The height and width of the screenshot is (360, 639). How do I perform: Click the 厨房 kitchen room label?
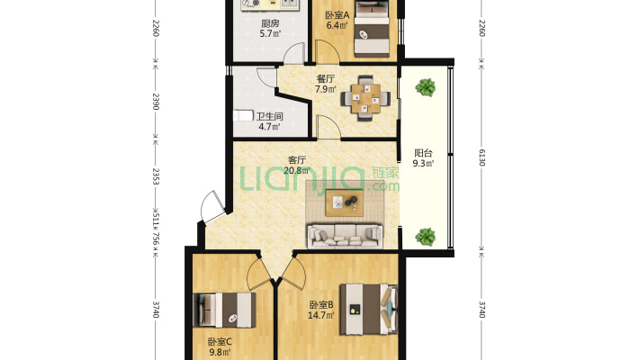(270, 23)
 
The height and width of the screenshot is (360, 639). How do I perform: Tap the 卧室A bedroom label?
(337, 15)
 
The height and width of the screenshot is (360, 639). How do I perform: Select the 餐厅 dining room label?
(326, 78)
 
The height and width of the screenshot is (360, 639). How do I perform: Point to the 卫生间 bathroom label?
(269, 117)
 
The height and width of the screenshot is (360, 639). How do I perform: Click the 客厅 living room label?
(297, 160)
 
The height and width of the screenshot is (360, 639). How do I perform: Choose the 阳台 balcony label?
(423, 153)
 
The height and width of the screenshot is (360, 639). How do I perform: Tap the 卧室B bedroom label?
(321, 304)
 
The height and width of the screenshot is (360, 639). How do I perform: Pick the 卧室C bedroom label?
(220, 342)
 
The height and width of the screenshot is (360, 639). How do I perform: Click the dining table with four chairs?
(365, 98)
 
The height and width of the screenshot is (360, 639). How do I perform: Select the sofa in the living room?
(345, 236)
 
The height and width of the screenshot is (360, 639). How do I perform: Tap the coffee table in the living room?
(345, 202)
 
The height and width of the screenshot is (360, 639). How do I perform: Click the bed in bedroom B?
(369, 310)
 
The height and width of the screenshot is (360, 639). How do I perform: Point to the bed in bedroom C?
(224, 310)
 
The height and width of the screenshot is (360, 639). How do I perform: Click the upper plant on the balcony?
(426, 87)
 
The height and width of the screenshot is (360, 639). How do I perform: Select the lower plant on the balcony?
(426, 237)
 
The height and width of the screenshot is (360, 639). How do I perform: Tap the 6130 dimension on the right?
(481, 157)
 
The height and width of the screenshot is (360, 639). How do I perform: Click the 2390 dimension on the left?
(156, 102)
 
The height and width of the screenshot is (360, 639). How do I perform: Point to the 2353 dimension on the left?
(156, 176)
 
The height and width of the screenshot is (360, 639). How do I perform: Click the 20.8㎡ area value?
(297, 171)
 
